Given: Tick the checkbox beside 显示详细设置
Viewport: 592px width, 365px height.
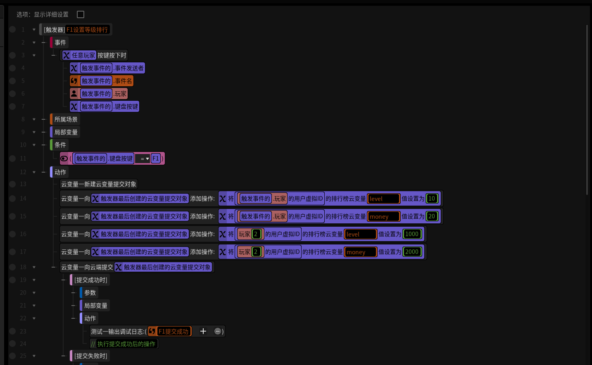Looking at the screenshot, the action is pos(80,14).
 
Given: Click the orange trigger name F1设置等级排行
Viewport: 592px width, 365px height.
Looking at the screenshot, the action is pos(87,30).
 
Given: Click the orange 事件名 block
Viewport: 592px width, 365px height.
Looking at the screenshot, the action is pos(102,81).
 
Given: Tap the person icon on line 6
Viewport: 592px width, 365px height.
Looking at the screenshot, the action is pos(74,93).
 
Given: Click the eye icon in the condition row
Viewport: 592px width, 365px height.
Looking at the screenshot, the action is pos(64,159).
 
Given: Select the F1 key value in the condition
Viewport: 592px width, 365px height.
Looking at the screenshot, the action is pos(156,159).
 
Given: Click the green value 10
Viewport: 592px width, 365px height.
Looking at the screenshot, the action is pos(432,199).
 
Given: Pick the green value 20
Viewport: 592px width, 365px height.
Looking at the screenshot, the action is pos(432,216).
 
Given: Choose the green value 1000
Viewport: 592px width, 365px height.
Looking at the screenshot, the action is pos(412,234).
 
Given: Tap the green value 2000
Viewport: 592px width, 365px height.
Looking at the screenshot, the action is pos(412,252).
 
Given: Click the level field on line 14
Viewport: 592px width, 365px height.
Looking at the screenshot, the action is pos(383,199).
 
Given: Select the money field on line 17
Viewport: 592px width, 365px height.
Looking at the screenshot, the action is pos(361,252).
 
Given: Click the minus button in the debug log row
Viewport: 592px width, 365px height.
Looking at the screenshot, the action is pos(217,331).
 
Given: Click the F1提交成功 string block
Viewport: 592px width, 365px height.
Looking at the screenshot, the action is pos(170,331).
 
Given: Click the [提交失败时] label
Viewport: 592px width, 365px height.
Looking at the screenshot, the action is pos(90,356).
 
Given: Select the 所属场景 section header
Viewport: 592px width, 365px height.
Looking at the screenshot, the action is pos(66,119).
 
